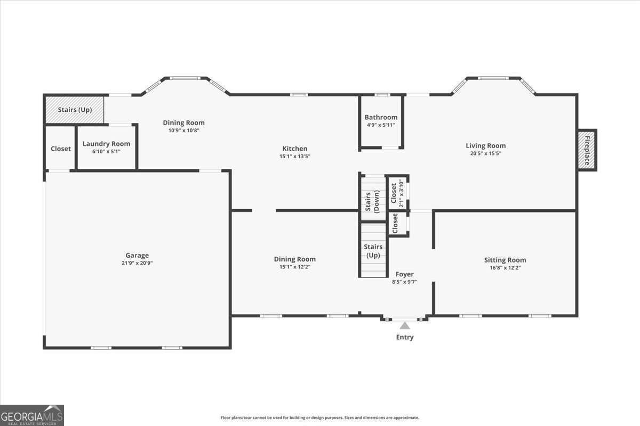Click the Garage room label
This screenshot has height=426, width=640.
[x=137, y=255]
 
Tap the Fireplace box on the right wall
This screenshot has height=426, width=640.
[x=587, y=150]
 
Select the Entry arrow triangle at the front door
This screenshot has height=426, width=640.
[x=405, y=325]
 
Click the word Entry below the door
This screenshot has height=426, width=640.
[x=405, y=337]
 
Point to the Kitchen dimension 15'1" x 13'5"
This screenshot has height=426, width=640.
[x=294, y=157]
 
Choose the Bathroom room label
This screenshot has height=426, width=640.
[x=381, y=117]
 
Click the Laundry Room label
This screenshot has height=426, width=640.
[x=106, y=144]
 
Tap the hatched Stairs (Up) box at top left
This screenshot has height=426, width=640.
[x=74, y=110]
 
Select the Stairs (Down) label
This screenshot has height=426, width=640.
[x=373, y=197]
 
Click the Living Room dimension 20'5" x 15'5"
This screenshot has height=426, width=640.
[x=485, y=153]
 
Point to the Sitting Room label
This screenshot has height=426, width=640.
[x=505, y=260]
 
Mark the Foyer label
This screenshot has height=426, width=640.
[x=404, y=274]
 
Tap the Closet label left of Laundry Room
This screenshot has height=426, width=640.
[x=60, y=149]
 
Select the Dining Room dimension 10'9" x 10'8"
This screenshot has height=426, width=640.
[x=183, y=130]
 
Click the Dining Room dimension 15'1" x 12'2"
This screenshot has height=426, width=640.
[x=294, y=267]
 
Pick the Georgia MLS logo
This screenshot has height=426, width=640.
[x=32, y=415]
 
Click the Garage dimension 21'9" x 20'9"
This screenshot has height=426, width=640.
[x=137, y=263]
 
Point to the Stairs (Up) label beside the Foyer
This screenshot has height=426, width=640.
[x=373, y=251]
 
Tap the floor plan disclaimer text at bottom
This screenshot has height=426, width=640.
[x=320, y=418]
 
